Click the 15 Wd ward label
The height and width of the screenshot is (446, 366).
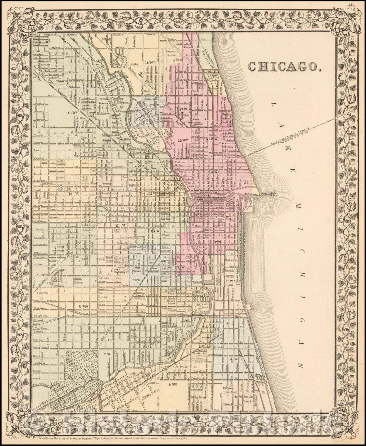coord(72,113)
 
